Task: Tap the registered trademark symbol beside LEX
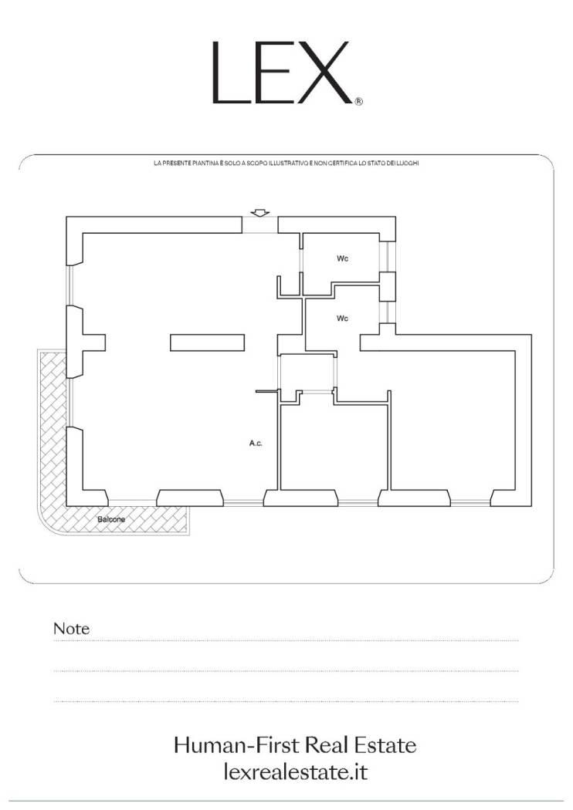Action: [359, 101]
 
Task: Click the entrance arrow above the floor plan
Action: [260, 212]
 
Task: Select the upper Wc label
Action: [342, 258]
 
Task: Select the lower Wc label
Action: [342, 318]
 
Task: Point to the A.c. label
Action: [256, 444]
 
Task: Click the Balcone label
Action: [111, 519]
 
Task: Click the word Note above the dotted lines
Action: [71, 629]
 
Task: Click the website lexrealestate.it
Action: [296, 772]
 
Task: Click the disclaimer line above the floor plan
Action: [286, 164]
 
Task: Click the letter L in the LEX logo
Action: [228, 73]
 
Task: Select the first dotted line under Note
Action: [286, 641]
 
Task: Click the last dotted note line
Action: [286, 701]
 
